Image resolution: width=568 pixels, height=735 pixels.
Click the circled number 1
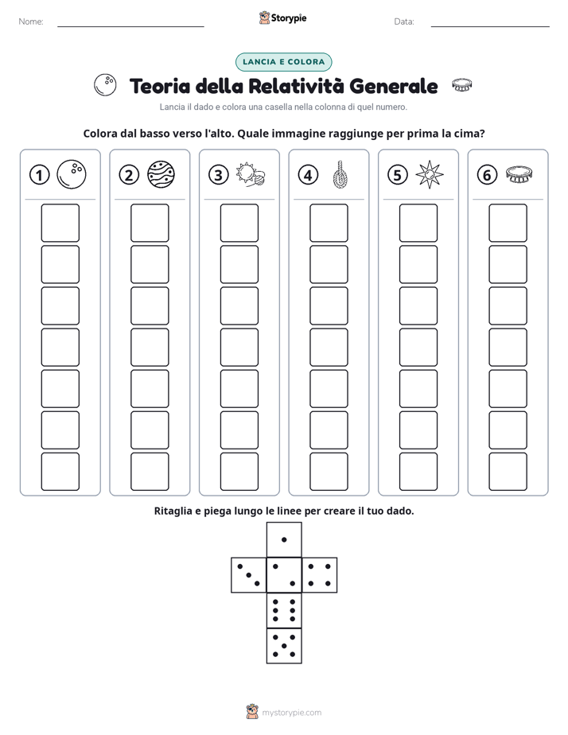tap(39, 175)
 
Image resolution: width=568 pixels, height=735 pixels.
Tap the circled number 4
tap(308, 175)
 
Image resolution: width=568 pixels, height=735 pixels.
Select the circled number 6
tap(487, 175)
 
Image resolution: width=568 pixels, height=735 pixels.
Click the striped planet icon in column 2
tap(161, 174)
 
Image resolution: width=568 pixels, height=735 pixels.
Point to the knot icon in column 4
tap(340, 174)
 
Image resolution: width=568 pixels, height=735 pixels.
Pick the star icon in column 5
tap(430, 174)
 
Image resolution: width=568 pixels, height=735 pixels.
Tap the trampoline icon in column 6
tap(519, 174)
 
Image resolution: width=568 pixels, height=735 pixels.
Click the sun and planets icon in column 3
tap(251, 174)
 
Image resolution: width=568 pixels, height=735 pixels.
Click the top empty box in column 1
tap(60, 223)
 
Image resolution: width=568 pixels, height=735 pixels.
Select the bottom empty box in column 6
tap(508, 472)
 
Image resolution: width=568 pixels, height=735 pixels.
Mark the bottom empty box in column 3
tap(239, 472)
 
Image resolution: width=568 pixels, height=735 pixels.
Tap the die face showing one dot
tap(284, 539)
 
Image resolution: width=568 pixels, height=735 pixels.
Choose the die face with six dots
tap(284, 610)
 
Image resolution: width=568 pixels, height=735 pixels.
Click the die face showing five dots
tap(284, 646)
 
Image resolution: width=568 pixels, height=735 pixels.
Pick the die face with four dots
tap(320, 575)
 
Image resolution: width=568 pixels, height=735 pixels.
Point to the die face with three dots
tap(249, 575)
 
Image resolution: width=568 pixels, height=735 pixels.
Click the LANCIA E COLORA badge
tap(283, 62)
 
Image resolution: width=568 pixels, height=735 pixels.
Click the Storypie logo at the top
tap(282, 18)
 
